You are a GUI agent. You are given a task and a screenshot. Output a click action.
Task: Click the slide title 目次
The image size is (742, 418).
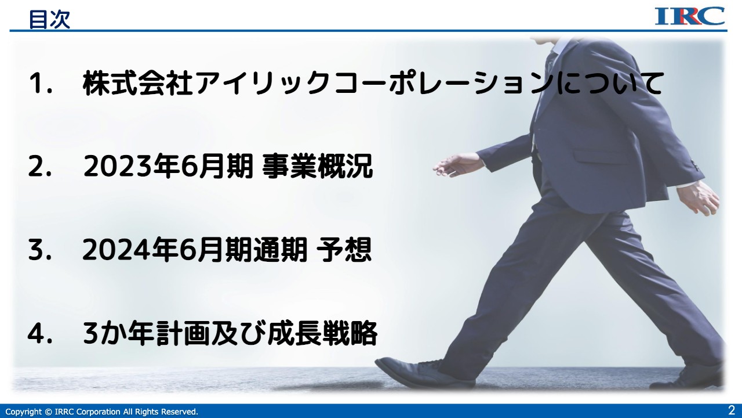click(49, 19)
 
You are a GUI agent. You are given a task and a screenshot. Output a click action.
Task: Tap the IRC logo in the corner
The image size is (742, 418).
click(690, 16)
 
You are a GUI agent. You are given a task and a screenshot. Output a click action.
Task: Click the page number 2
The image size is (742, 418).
click(731, 409)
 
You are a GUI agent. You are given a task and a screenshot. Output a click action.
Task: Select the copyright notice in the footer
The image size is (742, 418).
click(101, 412)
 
